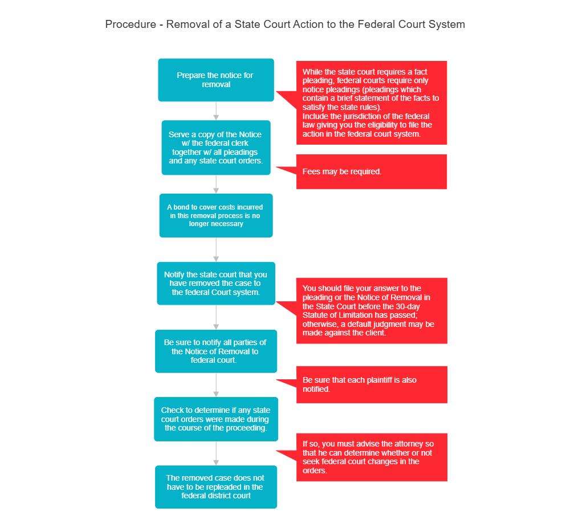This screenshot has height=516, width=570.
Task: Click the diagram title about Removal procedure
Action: [285, 24]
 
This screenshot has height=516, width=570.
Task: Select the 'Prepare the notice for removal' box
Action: [216, 80]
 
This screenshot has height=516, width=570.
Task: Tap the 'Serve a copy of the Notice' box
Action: [216, 148]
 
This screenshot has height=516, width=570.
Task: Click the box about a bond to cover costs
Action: [216, 215]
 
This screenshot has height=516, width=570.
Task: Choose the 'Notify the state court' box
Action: [216, 283]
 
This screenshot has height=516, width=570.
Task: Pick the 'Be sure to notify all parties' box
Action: [216, 351]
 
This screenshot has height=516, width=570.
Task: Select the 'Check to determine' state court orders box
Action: [216, 419]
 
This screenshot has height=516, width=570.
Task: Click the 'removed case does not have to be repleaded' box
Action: [216, 487]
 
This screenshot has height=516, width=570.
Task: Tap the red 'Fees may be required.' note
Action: [372, 171]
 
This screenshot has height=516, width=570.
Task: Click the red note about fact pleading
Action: [372, 103]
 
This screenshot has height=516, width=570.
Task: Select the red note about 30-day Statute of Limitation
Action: [372, 310]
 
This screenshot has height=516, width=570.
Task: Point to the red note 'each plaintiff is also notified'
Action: [372, 384]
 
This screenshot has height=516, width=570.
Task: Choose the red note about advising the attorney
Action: [372, 457]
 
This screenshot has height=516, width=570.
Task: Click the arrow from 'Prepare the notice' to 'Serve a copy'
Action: [216, 110]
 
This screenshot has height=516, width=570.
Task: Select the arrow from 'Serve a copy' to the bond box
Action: [216, 185]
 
